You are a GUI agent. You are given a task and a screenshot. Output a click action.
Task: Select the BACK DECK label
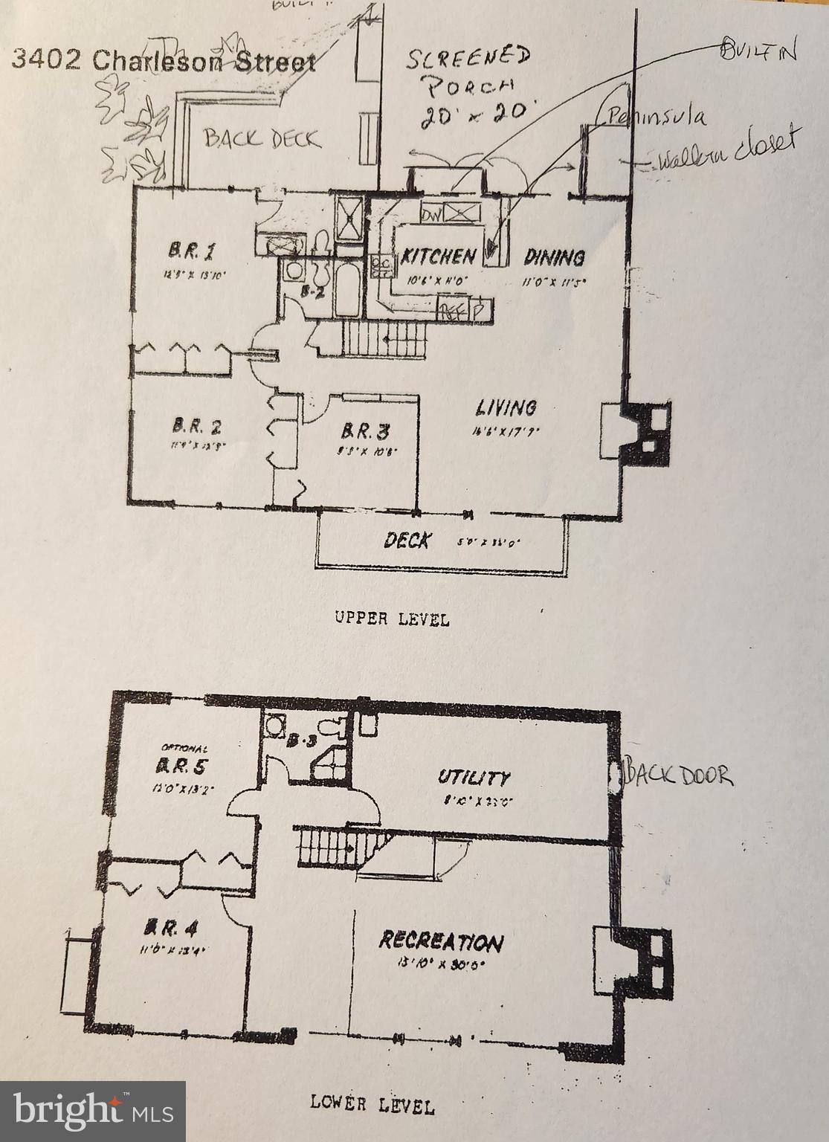262,139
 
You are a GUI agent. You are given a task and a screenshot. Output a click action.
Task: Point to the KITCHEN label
439,257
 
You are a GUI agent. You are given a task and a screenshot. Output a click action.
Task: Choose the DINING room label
554,257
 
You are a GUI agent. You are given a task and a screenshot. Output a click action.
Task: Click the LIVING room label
506,407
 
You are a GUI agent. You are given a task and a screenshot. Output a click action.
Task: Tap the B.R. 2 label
196,427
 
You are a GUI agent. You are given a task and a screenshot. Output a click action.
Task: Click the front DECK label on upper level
406,541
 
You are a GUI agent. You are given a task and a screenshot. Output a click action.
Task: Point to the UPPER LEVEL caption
391,619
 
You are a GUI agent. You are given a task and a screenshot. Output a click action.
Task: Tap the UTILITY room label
474,778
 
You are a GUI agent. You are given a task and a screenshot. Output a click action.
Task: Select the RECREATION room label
440,941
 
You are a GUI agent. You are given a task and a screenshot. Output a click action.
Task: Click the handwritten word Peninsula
656,117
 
